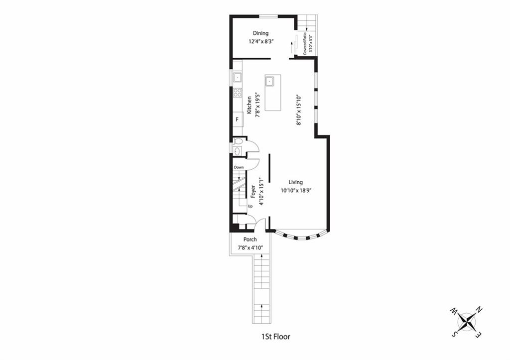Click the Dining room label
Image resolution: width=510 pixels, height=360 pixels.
[x=260, y=33]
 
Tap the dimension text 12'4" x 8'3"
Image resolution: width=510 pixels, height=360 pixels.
[x=260, y=41]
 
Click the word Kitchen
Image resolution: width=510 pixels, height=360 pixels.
[x=249, y=105]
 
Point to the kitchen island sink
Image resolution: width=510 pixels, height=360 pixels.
[x=269, y=81]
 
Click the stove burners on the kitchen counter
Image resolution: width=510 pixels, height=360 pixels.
[x=238, y=92]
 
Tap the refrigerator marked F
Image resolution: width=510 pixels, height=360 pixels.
[x=238, y=120]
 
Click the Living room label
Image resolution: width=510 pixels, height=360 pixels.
[x=296, y=182]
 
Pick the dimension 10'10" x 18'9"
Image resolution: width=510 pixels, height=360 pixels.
[x=296, y=191]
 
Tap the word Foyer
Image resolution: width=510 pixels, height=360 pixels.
[x=253, y=192]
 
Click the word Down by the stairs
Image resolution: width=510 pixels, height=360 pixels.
[x=239, y=167]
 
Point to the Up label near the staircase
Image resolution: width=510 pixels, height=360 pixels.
[x=250, y=206]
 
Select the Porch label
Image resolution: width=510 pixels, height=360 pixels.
[x=250, y=240]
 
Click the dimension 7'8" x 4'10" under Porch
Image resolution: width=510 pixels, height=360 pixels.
[x=251, y=247]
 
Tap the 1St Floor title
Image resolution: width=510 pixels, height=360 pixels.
[x=275, y=337]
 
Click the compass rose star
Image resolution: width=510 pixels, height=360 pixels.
[x=467, y=321]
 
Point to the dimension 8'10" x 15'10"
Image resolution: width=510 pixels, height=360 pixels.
[x=299, y=110]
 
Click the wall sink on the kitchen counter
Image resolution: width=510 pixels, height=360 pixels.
[x=238, y=77]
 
